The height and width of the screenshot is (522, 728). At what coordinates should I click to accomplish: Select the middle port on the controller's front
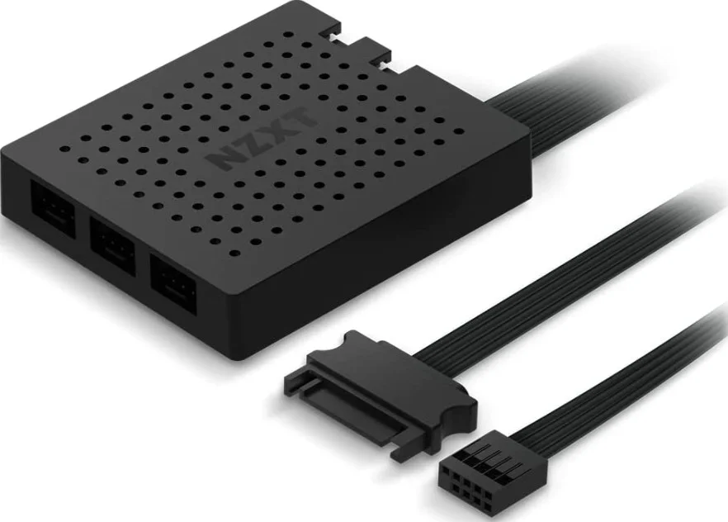(113, 245)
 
